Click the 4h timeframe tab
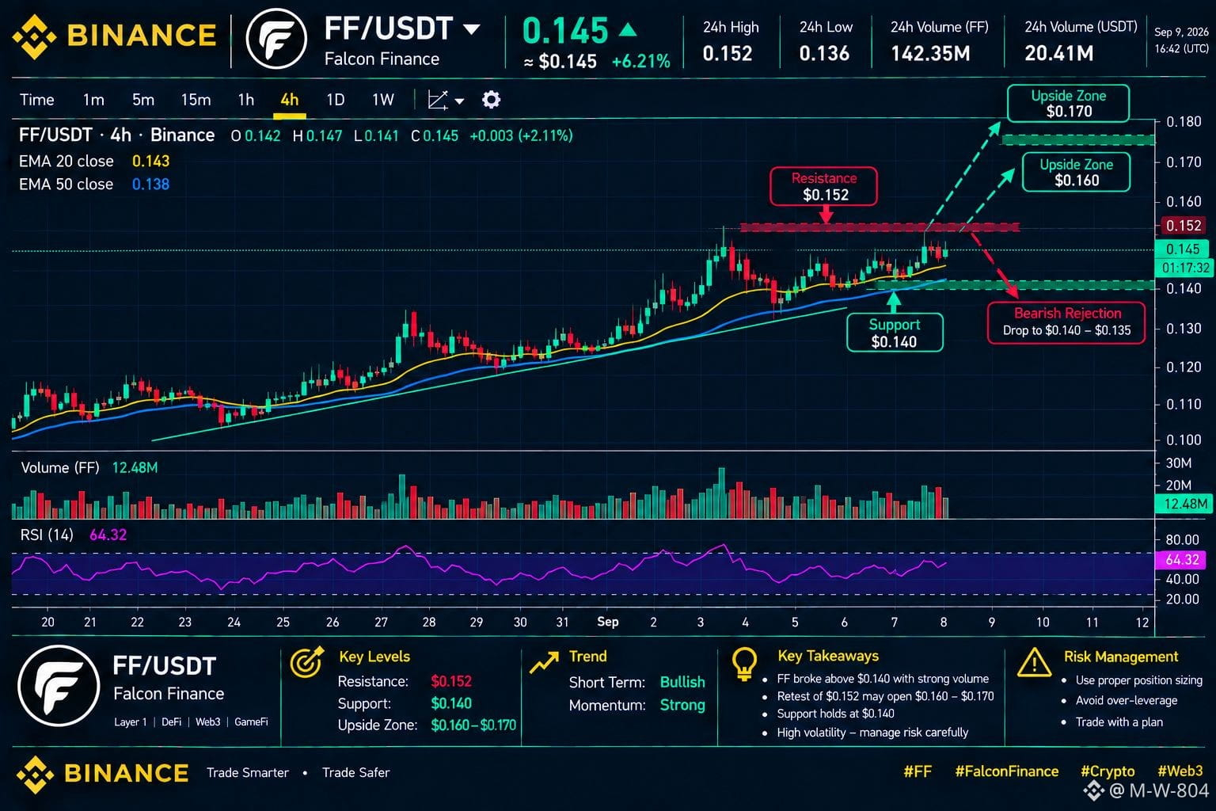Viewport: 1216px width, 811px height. click(x=289, y=100)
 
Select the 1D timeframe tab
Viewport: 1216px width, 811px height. click(x=335, y=100)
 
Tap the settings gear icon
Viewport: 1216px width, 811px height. click(x=491, y=100)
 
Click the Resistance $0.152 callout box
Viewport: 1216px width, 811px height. click(x=823, y=186)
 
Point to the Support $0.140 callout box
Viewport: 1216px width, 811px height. click(x=895, y=333)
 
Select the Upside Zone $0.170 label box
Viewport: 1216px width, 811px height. click(x=1068, y=103)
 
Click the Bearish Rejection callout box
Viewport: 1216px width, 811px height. click(x=1066, y=322)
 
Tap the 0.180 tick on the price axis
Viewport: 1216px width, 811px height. click(x=1184, y=122)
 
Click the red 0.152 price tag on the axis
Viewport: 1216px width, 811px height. click(x=1184, y=226)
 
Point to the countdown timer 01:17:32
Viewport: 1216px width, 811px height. click(x=1185, y=268)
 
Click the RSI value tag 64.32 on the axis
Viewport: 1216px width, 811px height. click(x=1182, y=559)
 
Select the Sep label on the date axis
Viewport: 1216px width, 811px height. click(x=607, y=622)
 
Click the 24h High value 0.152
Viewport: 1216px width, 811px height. click(x=728, y=53)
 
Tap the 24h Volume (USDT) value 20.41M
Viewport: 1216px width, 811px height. click(x=1058, y=53)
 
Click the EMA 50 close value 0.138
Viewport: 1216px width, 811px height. click(x=150, y=185)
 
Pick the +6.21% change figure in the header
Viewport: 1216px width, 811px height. click(x=640, y=62)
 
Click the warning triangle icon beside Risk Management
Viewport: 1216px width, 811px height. click(x=1034, y=663)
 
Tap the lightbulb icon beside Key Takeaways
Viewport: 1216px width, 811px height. click(x=744, y=664)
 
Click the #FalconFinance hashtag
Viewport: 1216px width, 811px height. click(x=1006, y=771)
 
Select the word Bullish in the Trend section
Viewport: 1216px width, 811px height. click(x=682, y=682)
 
